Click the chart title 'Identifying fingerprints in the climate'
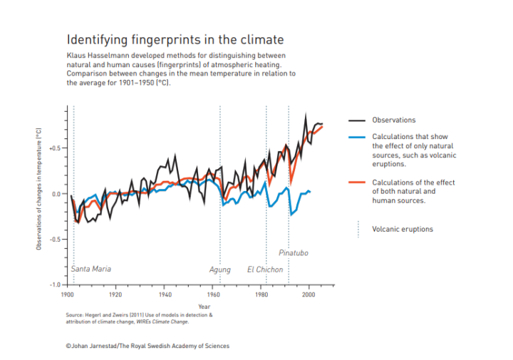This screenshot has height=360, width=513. (175, 39)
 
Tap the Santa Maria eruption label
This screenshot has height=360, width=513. (91, 269)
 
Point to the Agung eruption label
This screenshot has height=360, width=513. (219, 270)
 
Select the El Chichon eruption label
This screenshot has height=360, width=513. (265, 270)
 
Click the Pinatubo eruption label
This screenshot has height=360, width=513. (293, 253)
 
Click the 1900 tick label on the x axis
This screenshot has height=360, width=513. (67, 294)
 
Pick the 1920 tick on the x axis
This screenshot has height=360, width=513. (115, 294)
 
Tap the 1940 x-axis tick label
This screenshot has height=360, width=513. (164, 294)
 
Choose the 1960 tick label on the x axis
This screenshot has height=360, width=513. (212, 294)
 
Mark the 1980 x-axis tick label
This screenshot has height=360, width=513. (261, 294)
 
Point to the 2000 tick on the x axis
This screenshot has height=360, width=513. (309, 294)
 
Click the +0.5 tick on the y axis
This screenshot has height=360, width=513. (55, 148)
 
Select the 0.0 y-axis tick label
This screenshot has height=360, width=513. (56, 193)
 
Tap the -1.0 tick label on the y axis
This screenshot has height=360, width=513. (55, 284)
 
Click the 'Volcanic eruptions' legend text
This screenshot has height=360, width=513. (403, 229)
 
